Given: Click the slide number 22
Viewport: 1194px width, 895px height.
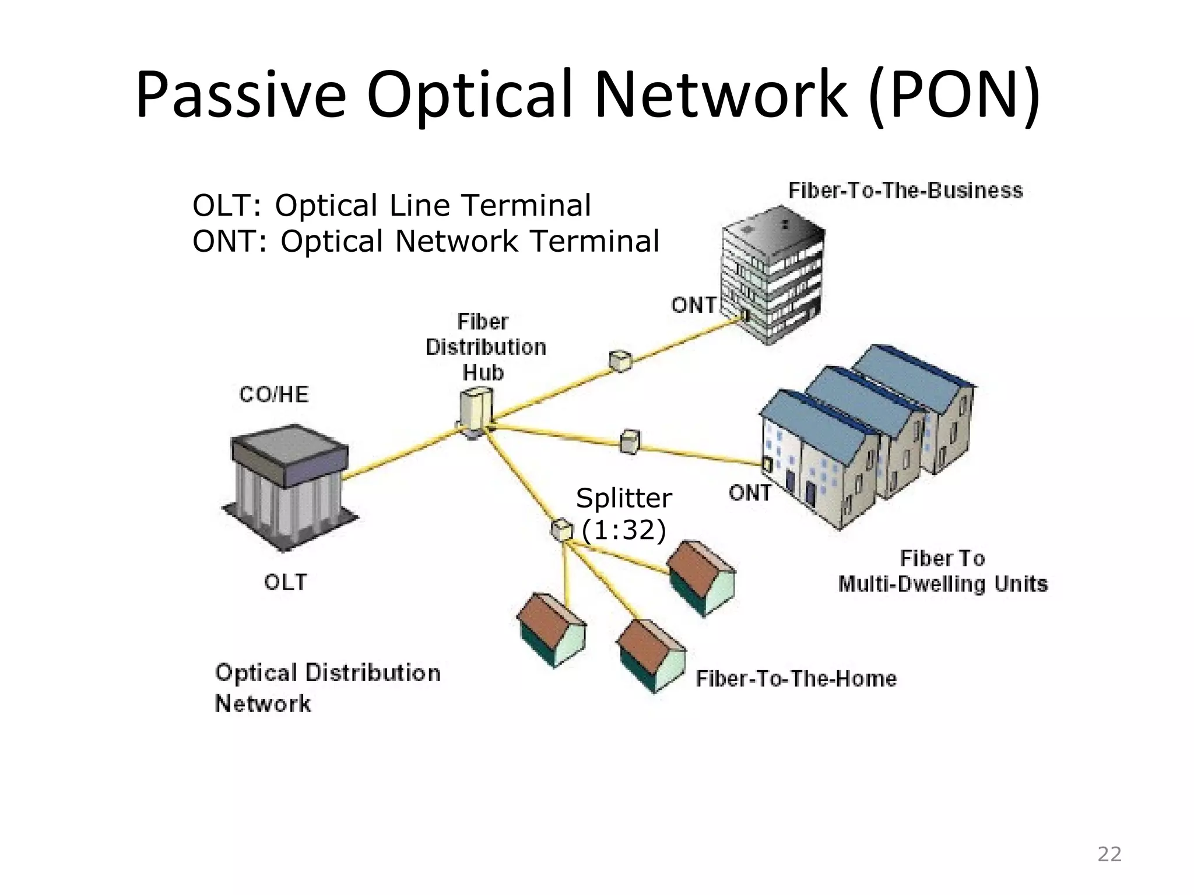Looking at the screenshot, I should coord(1109,854).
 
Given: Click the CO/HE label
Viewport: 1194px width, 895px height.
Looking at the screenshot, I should coord(273,394).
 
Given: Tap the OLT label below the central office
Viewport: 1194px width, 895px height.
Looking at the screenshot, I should coord(285,582).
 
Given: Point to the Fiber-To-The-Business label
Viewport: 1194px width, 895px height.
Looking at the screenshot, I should coord(905,191).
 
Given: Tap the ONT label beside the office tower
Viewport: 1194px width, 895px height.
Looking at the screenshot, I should coord(693,305).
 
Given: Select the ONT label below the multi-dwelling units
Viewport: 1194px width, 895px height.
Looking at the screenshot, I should coord(750,493).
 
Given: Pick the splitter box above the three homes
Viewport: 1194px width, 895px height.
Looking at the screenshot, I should coord(561,530).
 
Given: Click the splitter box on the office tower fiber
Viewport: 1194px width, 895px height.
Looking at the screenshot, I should coord(620,361).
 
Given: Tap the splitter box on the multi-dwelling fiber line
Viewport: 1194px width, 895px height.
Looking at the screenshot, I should coord(630,441).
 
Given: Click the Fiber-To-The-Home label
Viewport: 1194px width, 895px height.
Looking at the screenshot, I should coord(796,679).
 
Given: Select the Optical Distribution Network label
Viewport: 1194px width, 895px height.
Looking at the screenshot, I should coord(327,688).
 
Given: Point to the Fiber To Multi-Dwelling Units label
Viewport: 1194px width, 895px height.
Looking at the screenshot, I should coord(943,571).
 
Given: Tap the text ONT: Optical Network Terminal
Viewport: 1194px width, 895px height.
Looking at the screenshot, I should coord(426,241).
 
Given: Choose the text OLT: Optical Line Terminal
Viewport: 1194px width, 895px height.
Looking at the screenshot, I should coord(392,205).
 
